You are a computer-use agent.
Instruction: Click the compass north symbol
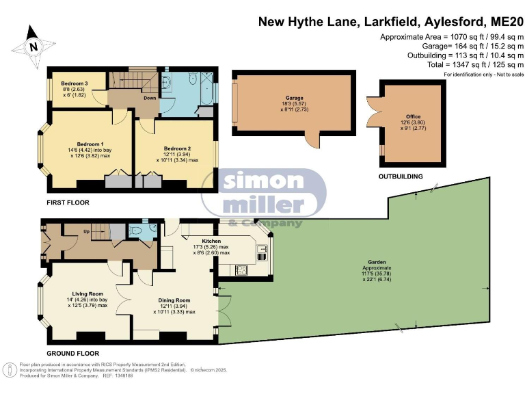tap(31, 47)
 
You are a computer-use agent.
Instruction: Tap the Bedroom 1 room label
tap(90, 144)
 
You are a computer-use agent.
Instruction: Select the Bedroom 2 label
tap(177, 148)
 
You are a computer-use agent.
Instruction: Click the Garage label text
tap(295, 98)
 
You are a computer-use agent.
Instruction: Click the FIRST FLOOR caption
tap(68, 202)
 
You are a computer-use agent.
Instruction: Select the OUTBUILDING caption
tap(400, 176)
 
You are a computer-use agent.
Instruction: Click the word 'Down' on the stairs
tap(148, 98)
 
